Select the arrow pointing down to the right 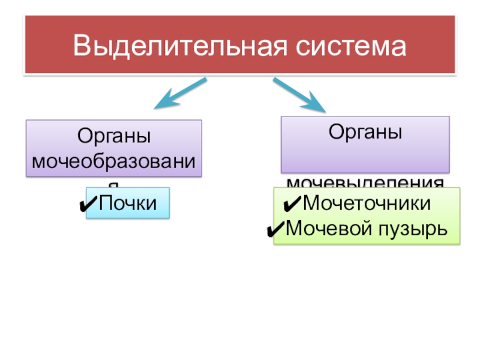[300, 95]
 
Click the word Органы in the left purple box [113, 137]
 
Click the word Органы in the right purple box [365, 131]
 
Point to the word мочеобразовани [114, 161]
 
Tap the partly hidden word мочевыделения [365, 182]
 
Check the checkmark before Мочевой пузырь [275, 229]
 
